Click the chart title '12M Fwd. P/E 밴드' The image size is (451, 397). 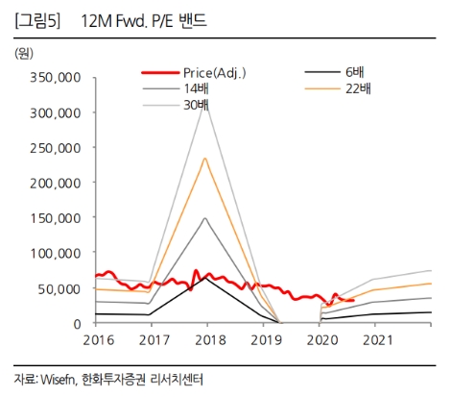click(x=144, y=19)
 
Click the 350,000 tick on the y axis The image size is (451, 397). click(x=55, y=77)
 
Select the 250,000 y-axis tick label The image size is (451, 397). click(x=55, y=147)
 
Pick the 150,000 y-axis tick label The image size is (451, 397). click(x=55, y=217)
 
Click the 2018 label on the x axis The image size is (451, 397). click(x=206, y=340)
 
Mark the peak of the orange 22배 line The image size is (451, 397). click(x=205, y=158)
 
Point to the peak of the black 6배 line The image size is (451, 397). click(x=205, y=277)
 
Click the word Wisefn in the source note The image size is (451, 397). click(x=57, y=378)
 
